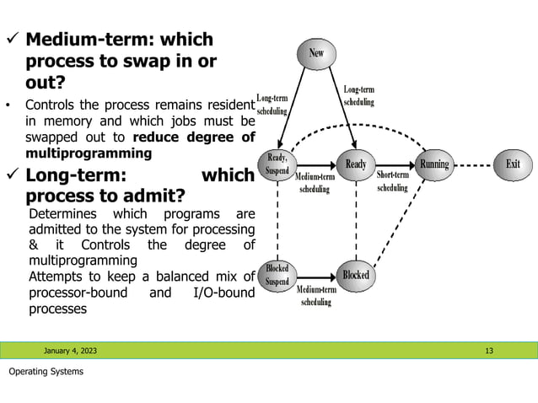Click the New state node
click(315, 53)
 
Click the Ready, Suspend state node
click(277, 164)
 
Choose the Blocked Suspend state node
click(277, 275)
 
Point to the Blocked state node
click(356, 275)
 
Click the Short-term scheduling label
click(392, 181)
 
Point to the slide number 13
click(489, 350)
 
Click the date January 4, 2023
click(71, 350)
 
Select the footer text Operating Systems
click(46, 372)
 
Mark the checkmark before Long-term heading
click(12, 176)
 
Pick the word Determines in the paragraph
click(61, 213)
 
